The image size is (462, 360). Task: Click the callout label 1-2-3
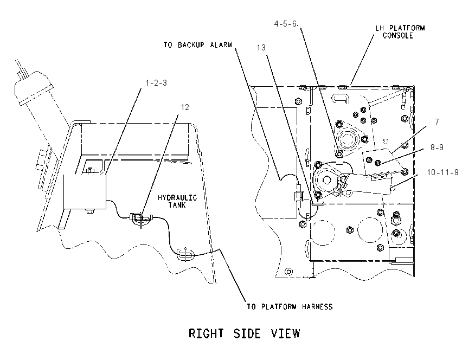click(156, 83)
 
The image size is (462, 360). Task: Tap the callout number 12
click(185, 107)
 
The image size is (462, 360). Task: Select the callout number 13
click(261, 48)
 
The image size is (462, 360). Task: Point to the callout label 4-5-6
click(286, 24)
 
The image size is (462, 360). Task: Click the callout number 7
click(437, 121)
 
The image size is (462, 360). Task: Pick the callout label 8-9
click(437, 147)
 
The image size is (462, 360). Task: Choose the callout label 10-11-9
click(443, 172)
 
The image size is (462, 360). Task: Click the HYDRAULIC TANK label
click(177, 201)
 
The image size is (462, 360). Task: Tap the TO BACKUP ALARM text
click(198, 45)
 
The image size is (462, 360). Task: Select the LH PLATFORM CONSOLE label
click(400, 32)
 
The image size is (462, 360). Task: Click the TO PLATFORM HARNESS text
click(290, 307)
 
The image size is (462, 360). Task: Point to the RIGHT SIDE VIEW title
click(244, 333)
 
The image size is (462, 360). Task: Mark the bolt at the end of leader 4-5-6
click(339, 154)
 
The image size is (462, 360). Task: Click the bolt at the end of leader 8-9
click(377, 162)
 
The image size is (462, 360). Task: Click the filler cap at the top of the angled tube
click(33, 87)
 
